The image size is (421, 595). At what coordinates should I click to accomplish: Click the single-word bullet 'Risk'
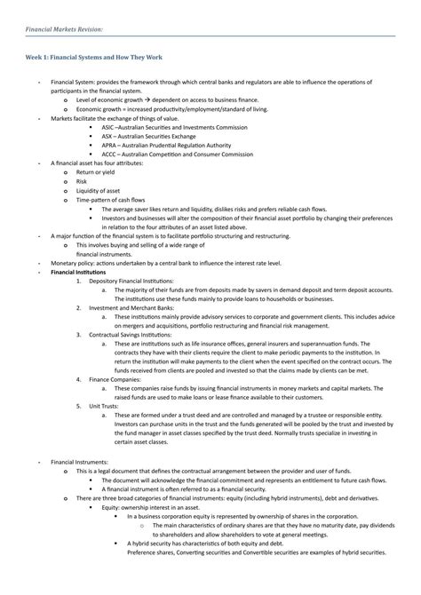(82, 181)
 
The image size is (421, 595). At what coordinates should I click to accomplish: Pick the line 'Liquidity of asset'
(98, 190)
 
